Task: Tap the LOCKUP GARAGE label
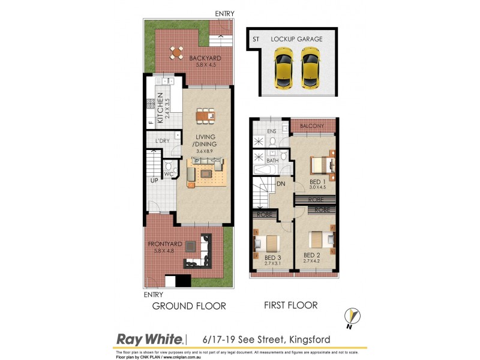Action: [296, 39]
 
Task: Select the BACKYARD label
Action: [205, 58]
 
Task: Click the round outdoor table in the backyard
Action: [176, 53]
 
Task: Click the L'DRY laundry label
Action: [163, 140]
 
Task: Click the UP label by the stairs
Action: [154, 180]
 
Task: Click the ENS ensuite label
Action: [271, 130]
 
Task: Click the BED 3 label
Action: [272, 257]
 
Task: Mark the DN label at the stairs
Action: [281, 185]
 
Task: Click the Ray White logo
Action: [149, 339]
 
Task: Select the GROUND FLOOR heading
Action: [189, 306]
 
